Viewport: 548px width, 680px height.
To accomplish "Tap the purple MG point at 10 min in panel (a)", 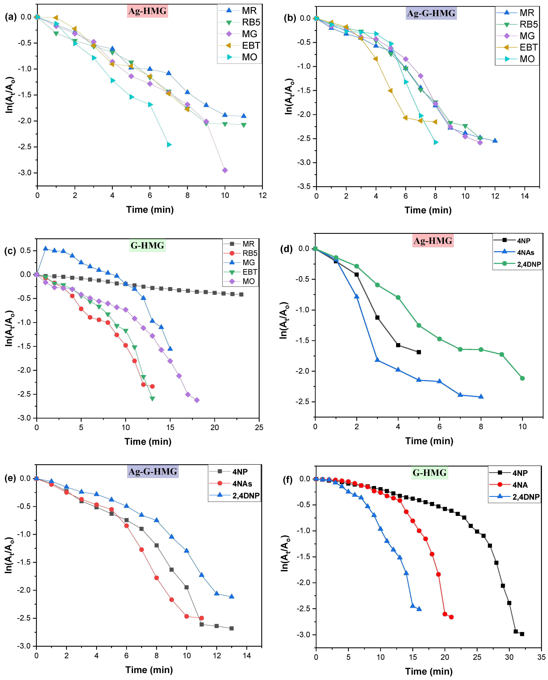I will coord(225,170).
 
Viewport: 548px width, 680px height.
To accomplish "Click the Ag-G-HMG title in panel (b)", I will coord(431,13).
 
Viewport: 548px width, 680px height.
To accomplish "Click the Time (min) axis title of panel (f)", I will coord(429,672).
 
